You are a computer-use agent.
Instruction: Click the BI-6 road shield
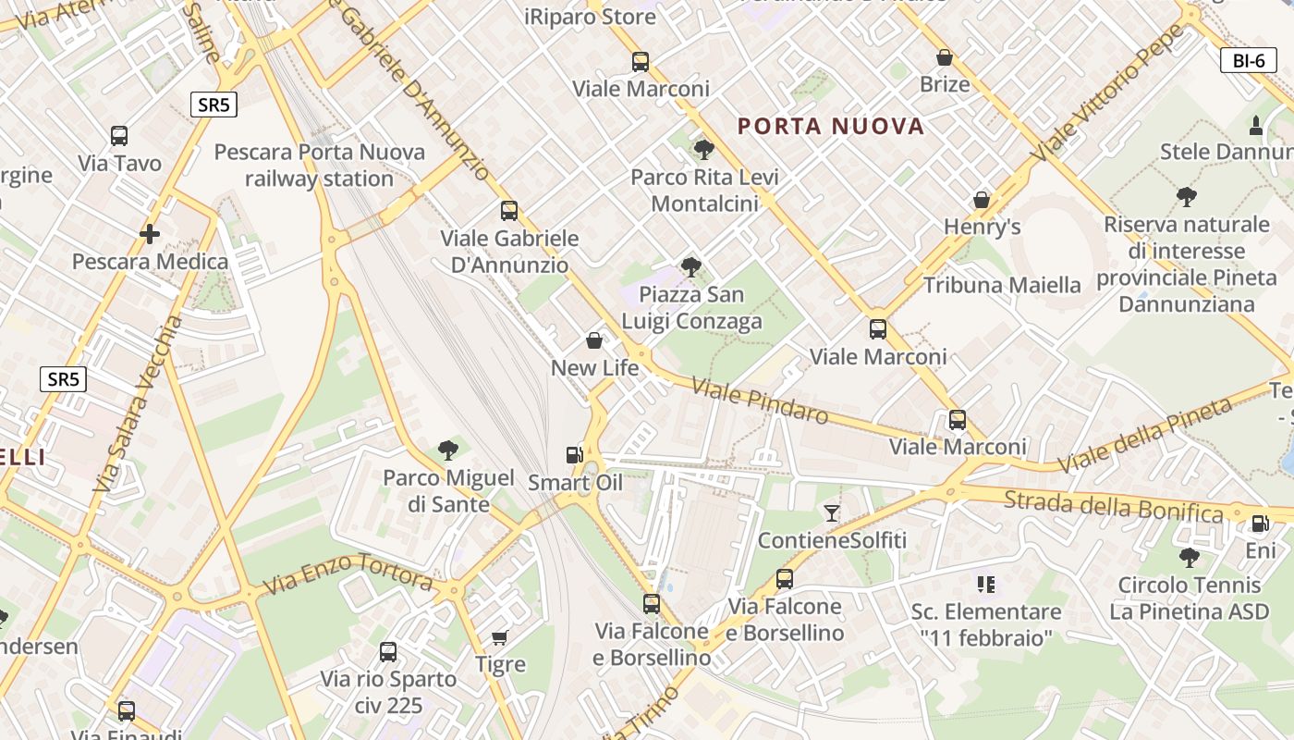1248,61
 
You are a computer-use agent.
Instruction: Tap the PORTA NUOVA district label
831,127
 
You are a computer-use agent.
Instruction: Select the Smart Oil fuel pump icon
574,455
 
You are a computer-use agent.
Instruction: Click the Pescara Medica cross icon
150,234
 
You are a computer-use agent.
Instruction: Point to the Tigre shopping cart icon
500,637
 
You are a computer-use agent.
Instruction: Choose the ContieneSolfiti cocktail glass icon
832,512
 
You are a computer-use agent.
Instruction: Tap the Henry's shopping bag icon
982,200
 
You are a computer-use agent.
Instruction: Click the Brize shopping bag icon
945,57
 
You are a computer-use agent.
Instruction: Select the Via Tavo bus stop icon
119,136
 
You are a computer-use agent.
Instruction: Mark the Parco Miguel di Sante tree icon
448,450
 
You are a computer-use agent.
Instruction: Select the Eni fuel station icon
1260,524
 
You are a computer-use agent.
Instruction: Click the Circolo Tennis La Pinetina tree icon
1190,558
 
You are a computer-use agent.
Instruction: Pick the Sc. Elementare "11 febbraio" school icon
985,584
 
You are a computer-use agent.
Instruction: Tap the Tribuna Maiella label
1002,285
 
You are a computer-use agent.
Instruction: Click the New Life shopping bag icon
594,340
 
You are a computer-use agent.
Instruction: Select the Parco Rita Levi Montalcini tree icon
704,149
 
